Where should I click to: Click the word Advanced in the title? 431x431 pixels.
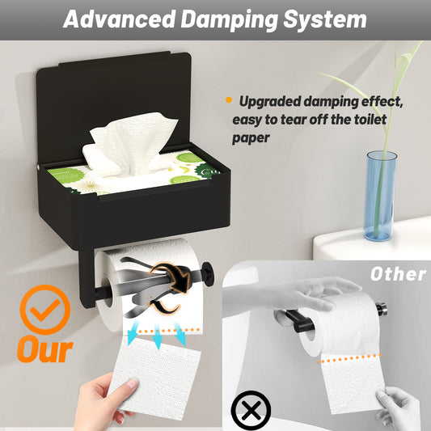[119, 19]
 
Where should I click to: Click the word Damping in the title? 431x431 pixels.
[229, 20]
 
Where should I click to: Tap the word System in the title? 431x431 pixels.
[325, 20]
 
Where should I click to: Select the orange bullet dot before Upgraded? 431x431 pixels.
[229, 99]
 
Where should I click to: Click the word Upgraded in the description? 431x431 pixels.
[270, 102]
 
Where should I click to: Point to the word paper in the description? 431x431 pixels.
[251, 138]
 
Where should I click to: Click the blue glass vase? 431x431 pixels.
[381, 196]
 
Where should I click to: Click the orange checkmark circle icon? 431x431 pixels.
[45, 309]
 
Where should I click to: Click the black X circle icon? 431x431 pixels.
[251, 411]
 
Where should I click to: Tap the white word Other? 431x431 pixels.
[398, 274]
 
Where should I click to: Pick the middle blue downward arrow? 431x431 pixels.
[158, 336]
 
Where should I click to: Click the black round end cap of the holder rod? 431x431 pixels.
[208, 274]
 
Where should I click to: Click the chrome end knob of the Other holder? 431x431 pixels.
[381, 309]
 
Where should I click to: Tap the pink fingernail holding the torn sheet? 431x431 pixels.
[133, 383]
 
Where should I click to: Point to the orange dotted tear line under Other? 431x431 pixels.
[349, 358]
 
